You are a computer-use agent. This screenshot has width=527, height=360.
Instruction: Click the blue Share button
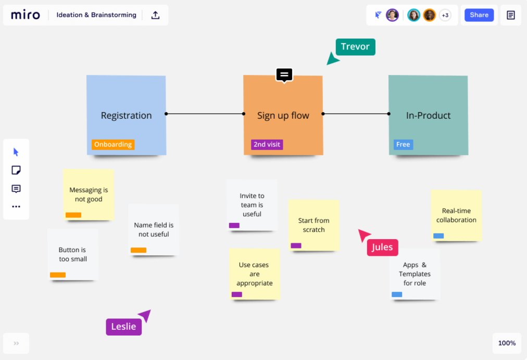click(479, 15)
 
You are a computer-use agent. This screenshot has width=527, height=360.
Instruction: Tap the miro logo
click(26, 15)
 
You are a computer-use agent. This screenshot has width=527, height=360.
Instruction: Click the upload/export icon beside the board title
click(155, 15)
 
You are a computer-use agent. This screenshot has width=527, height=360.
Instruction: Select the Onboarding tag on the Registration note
click(113, 144)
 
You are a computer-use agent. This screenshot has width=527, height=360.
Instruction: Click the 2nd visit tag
click(267, 144)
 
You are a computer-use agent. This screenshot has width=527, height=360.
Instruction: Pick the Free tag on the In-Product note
click(403, 144)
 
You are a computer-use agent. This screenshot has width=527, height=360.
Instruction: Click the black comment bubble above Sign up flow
click(284, 75)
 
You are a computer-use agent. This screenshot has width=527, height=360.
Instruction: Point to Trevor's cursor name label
click(355, 47)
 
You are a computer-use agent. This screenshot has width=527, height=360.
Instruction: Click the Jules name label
click(382, 247)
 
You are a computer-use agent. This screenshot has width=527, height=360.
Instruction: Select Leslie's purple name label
click(123, 327)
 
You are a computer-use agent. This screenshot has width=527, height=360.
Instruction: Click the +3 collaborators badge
click(445, 15)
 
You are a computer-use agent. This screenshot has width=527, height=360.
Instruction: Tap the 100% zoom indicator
click(507, 343)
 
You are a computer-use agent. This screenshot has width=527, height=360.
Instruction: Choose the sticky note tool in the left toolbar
click(16, 170)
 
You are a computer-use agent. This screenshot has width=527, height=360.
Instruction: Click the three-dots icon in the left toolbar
click(16, 207)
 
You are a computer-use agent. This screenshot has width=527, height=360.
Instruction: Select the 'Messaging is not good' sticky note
click(89, 194)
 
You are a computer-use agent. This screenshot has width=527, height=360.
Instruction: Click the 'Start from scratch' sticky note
click(313, 225)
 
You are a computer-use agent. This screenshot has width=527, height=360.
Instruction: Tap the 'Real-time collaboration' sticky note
click(456, 215)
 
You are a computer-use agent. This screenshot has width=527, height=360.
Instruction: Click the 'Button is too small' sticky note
click(72, 254)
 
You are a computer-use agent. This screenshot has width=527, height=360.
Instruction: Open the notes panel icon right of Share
click(511, 15)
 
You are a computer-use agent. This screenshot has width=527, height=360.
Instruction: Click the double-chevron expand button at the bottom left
click(16, 343)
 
